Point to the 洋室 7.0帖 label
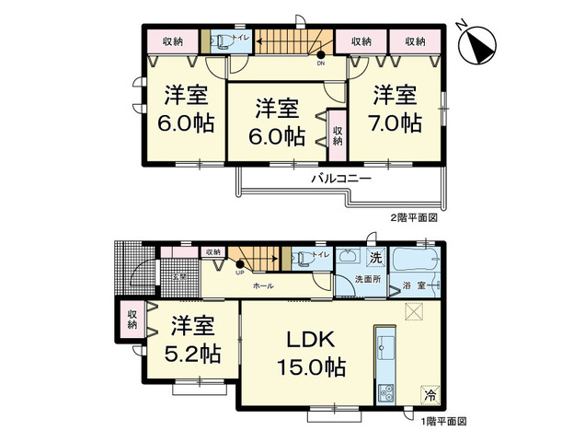pyautogui.click(x=396, y=109)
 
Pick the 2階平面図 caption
pyautogui.click(x=413, y=218)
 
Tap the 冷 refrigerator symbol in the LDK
pyautogui.click(x=430, y=394)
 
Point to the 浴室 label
pyautogui.click(x=413, y=287)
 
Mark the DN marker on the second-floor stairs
pyautogui.click(x=320, y=64)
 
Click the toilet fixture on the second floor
pyautogui.click(x=222, y=41)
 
